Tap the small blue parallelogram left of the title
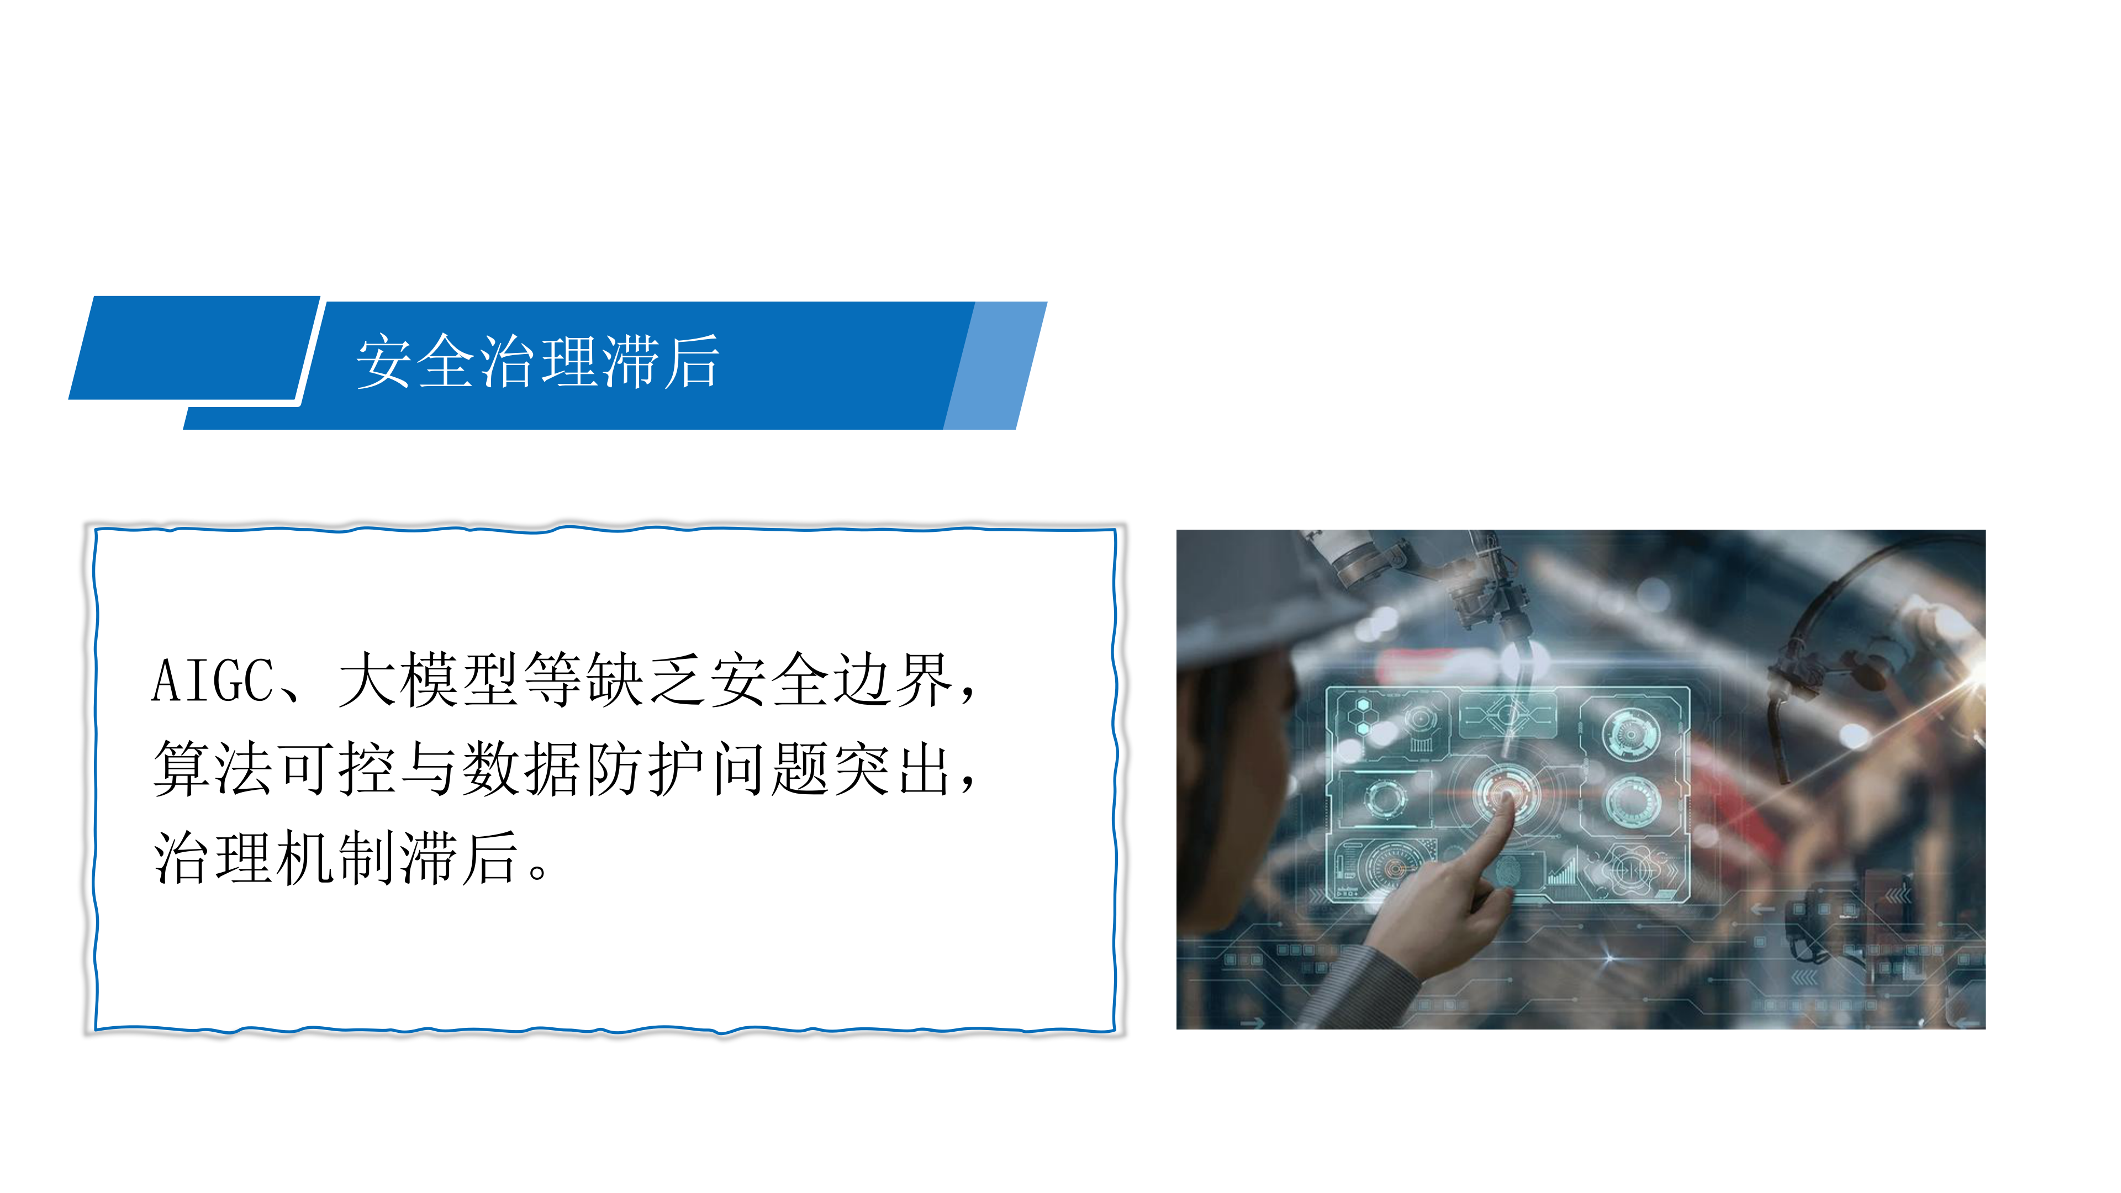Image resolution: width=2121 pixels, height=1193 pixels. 194,347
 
